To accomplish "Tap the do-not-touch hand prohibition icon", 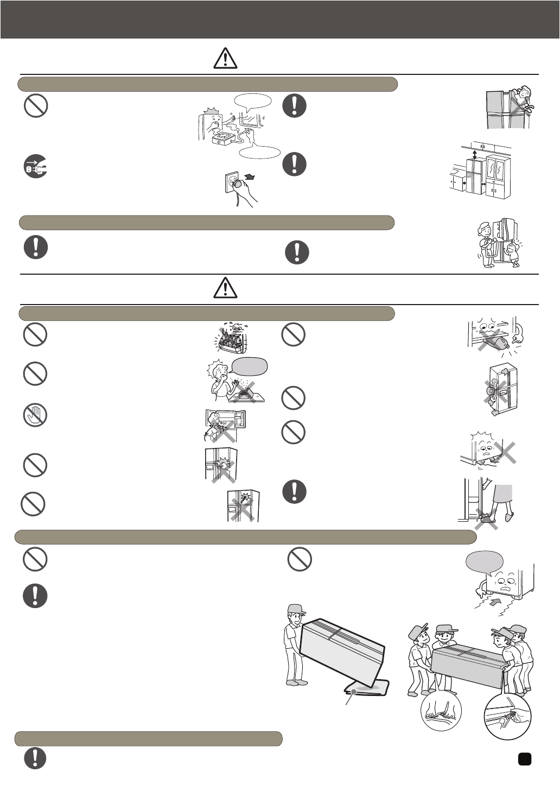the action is click(35, 416).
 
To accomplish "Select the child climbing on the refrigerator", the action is click(523, 99).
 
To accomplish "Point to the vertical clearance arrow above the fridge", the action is click(475, 155).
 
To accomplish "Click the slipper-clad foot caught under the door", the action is click(485, 518).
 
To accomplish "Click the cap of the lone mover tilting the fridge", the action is click(294, 609).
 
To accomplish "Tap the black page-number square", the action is click(524, 758).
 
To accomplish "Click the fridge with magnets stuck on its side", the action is click(502, 389).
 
